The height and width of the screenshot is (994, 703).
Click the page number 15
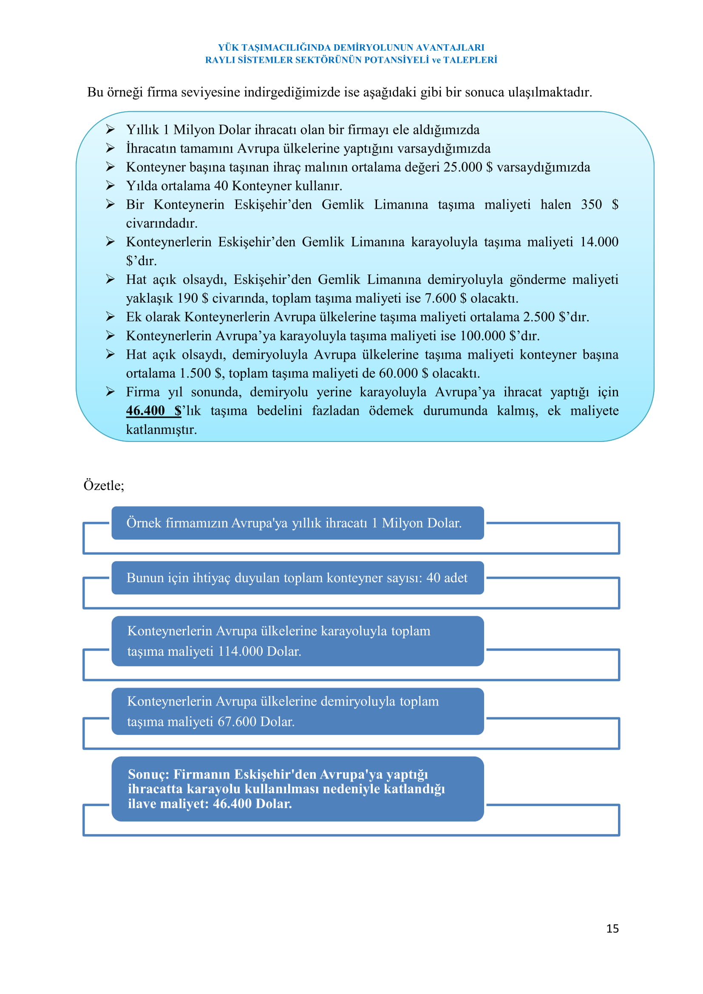point(612,928)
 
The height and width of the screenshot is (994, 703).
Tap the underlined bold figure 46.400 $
point(153,411)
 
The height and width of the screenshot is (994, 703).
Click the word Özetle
point(103,485)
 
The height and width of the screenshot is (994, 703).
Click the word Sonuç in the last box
point(148,774)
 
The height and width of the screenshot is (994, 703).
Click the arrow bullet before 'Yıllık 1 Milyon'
point(111,130)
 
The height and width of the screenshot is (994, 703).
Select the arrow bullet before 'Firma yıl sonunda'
point(111,392)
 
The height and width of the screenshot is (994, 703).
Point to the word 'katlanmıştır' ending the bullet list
point(161,430)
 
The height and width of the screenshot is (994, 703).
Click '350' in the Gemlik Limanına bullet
point(591,204)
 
